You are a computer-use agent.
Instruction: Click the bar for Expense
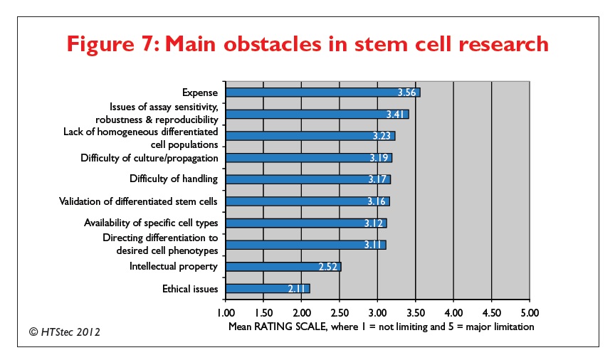point(322,92)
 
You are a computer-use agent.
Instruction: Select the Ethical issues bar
point(267,288)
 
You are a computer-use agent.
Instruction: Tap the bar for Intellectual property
point(283,267)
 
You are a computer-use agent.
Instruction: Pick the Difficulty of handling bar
point(307,179)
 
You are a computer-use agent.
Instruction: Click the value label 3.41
point(394,114)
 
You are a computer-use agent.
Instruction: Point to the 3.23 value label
point(381,136)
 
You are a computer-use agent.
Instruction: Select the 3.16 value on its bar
point(377,201)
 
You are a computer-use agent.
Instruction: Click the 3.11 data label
point(372,245)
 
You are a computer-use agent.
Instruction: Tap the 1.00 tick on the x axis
point(226,312)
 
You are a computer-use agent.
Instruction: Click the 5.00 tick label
point(529,312)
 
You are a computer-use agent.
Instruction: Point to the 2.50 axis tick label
point(340,312)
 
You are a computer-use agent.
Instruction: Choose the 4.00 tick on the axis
point(453,312)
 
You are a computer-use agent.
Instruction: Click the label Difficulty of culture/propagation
point(149,157)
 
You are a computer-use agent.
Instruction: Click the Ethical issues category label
point(188,288)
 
